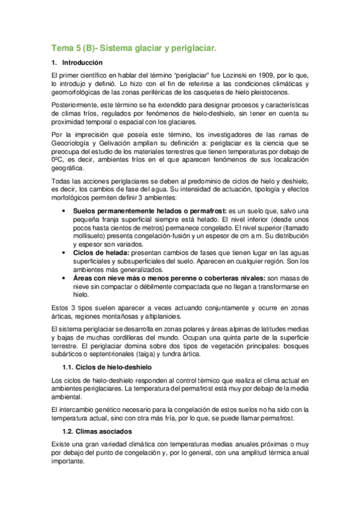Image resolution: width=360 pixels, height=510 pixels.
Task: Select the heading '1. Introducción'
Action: click(x=78, y=63)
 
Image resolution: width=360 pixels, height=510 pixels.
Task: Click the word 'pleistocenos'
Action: click(x=268, y=93)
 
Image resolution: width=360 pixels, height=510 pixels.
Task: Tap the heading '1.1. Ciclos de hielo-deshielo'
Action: click(x=107, y=367)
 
